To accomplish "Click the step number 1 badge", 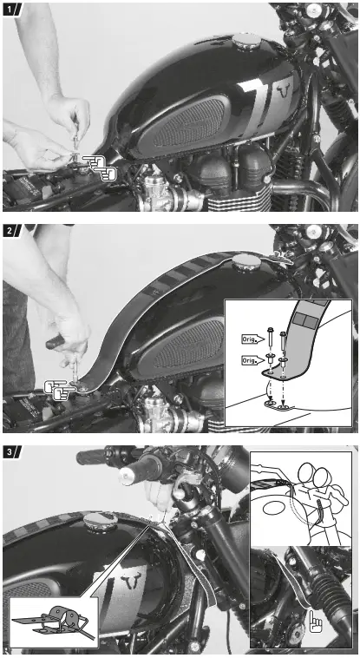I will [10, 10].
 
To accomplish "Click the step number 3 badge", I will [10, 453].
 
